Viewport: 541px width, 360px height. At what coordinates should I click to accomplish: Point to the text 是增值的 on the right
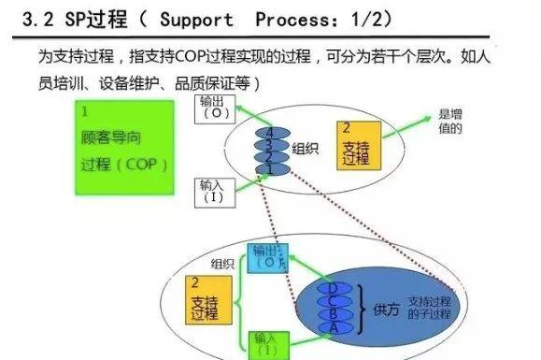pos(450,122)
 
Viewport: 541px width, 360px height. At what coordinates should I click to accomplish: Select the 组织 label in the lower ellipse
pos(222,263)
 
